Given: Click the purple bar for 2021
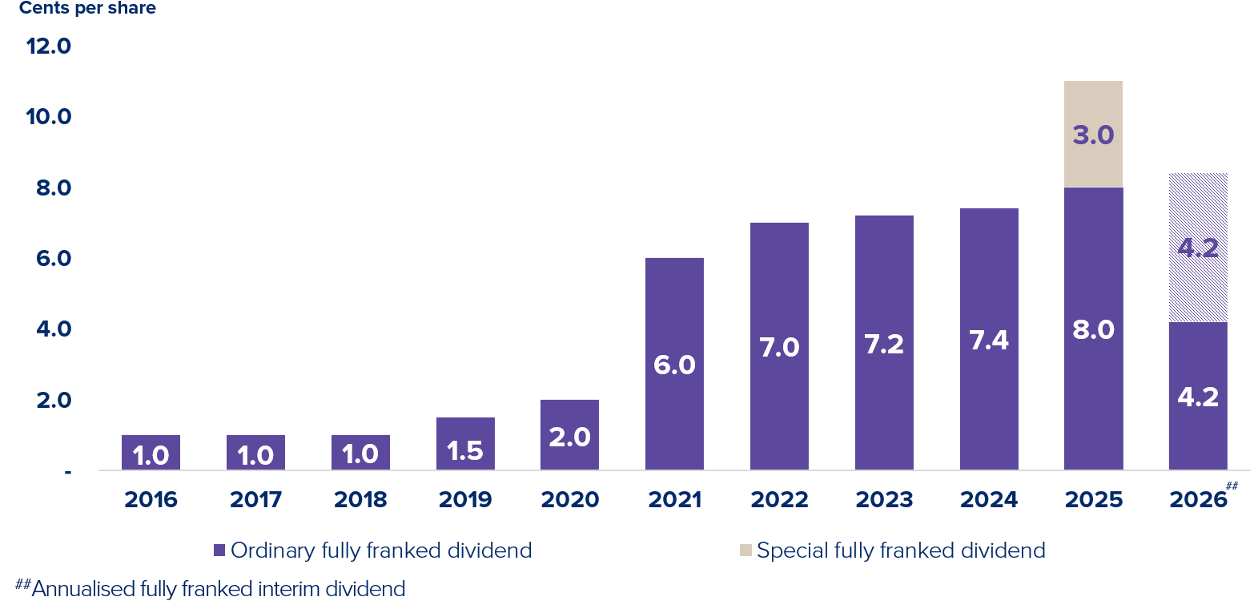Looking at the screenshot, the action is pyautogui.click(x=674, y=364).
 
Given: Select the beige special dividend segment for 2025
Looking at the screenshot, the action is pyautogui.click(x=1093, y=134).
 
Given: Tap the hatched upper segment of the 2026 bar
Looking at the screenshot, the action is pyautogui.click(x=1198, y=247).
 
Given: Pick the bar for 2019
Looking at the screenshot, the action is pyautogui.click(x=465, y=443).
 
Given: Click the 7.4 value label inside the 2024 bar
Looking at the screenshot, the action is pyautogui.click(x=989, y=340).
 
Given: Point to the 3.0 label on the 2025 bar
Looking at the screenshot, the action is pyautogui.click(x=1093, y=135).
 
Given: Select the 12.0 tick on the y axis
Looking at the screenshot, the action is pyautogui.click(x=49, y=46).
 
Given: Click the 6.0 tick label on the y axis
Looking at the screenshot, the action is pyautogui.click(x=54, y=258).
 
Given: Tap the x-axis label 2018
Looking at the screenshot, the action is pyautogui.click(x=360, y=499).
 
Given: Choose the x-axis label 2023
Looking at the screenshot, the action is pyautogui.click(x=884, y=499).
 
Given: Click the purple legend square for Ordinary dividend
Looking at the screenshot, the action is pyautogui.click(x=219, y=550).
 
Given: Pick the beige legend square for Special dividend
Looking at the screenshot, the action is pyautogui.click(x=746, y=550).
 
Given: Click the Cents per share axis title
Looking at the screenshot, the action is pyautogui.click(x=87, y=9).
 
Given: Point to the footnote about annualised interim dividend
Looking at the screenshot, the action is pyautogui.click(x=211, y=589).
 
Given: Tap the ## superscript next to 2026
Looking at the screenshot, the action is pyautogui.click(x=1231, y=486).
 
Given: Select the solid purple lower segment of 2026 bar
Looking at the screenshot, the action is pyautogui.click(x=1198, y=396).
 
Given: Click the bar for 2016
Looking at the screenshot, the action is pyautogui.click(x=151, y=452).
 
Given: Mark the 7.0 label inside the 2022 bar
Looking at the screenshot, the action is pyautogui.click(x=779, y=347).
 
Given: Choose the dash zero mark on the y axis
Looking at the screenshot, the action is pyautogui.click(x=68, y=473).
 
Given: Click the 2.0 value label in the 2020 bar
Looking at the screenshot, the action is pyautogui.click(x=569, y=437).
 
